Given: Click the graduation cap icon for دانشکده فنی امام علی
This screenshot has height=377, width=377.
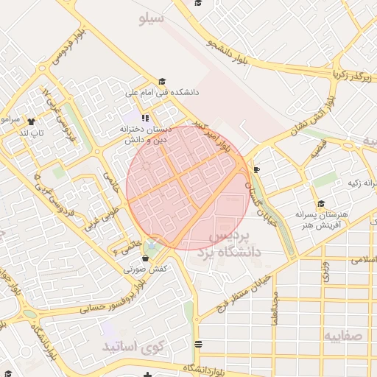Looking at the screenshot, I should click(163, 82).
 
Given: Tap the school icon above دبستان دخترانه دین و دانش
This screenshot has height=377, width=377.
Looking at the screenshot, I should click(146, 118).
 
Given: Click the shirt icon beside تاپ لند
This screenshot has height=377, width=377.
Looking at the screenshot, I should click(31, 121).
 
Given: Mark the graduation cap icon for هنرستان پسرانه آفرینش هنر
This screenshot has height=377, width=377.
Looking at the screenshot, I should click(320, 205).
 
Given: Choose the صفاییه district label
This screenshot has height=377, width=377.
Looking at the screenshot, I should click(343, 335).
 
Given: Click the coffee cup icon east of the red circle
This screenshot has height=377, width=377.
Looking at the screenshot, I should click(256, 170).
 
